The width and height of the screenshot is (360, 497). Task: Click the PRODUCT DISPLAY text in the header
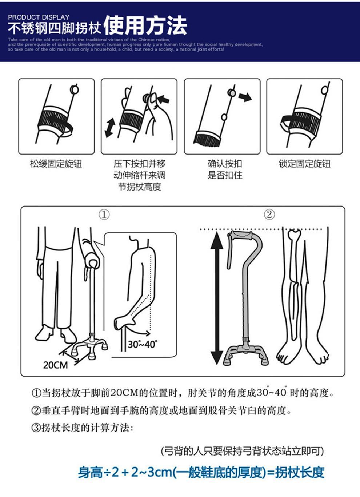(x=39, y=17)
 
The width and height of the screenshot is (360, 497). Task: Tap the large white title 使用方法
(x=145, y=26)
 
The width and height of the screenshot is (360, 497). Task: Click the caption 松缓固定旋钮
(x=56, y=164)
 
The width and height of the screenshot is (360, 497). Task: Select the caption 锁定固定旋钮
(x=304, y=164)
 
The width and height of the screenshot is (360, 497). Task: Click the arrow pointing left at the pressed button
(x=164, y=99)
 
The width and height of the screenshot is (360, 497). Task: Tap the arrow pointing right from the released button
(x=245, y=97)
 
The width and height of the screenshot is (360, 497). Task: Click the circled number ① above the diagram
(x=104, y=215)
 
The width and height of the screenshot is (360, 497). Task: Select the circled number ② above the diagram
(x=269, y=215)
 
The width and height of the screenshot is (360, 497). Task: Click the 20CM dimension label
(x=56, y=365)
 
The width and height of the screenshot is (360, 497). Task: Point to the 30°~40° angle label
(x=143, y=344)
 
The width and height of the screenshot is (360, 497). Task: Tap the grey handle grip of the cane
(x=241, y=235)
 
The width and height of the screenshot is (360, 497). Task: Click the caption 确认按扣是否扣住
(x=225, y=169)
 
